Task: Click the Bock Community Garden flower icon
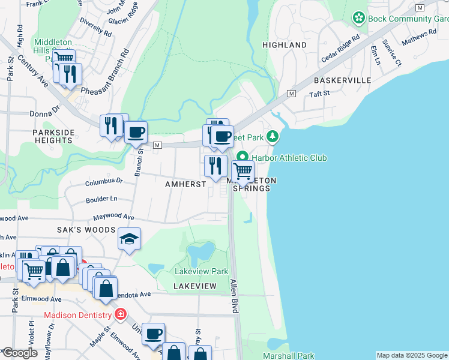point(359,18)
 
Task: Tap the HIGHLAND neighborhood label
point(285,45)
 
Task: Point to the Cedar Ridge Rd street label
point(340,48)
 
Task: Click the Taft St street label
point(319,94)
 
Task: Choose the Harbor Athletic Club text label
point(289,158)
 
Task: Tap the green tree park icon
point(273,137)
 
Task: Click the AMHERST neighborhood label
point(185,184)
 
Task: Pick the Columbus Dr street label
point(104,180)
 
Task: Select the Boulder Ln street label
point(101,199)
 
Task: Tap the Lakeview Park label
point(201,271)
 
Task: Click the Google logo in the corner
point(19,353)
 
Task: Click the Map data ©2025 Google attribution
point(411,355)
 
